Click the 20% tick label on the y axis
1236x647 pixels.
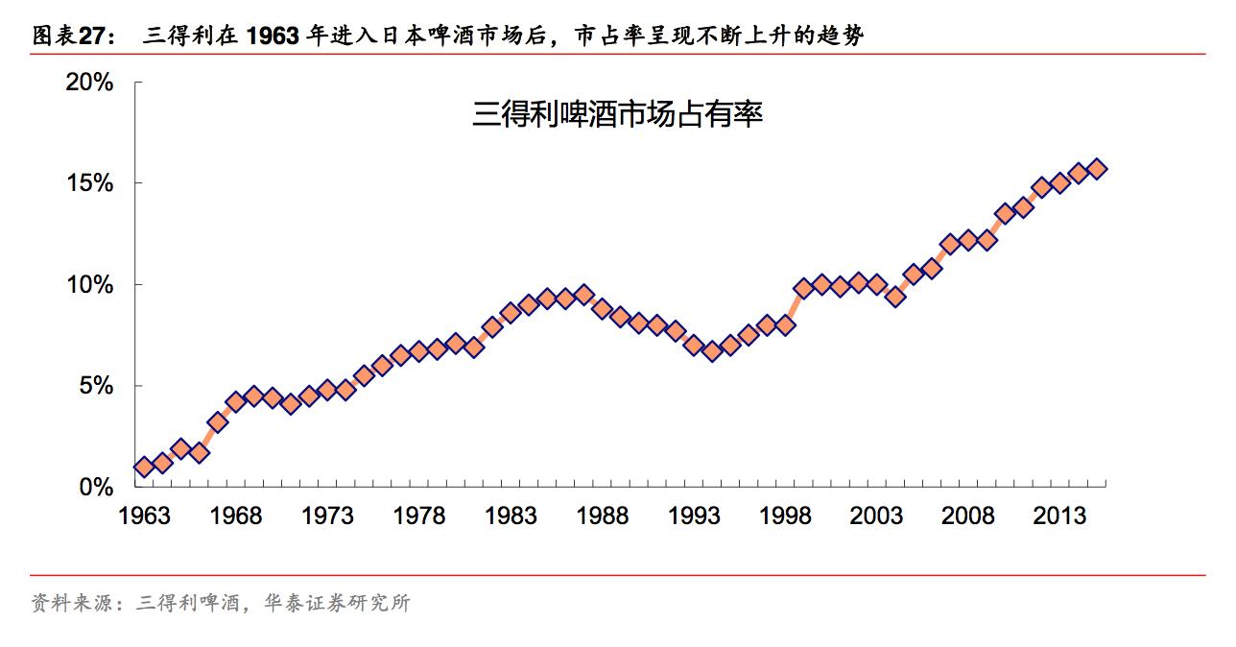pyautogui.click(x=89, y=83)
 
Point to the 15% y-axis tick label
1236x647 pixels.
pyautogui.click(x=89, y=183)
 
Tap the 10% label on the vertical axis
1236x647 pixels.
pyautogui.click(x=89, y=285)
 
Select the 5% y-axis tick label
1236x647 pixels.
pyautogui.click(x=96, y=386)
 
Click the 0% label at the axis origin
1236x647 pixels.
pyautogui.click(x=96, y=488)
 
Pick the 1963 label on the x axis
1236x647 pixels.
pyautogui.click(x=144, y=516)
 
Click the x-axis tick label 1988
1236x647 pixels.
pyautogui.click(x=602, y=516)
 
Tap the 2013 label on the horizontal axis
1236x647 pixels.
pyautogui.click(x=1059, y=516)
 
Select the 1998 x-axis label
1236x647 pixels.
pyautogui.click(x=785, y=516)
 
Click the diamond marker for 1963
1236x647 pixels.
pyautogui.click(x=144, y=467)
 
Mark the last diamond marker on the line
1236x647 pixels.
pyautogui.click(x=1097, y=168)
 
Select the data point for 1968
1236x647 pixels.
pyautogui.click(x=235, y=402)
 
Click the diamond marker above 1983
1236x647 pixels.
pyautogui.click(x=511, y=313)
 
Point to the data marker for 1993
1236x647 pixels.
pyautogui.click(x=694, y=345)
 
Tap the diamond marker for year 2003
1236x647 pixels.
pyautogui.click(x=877, y=284)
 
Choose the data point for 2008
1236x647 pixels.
pyautogui.click(x=968, y=240)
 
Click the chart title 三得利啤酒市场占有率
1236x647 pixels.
pyautogui.click(x=617, y=116)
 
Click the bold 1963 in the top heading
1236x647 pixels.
pyautogui.click(x=273, y=36)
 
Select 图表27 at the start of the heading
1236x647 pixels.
pyautogui.click(x=68, y=36)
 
